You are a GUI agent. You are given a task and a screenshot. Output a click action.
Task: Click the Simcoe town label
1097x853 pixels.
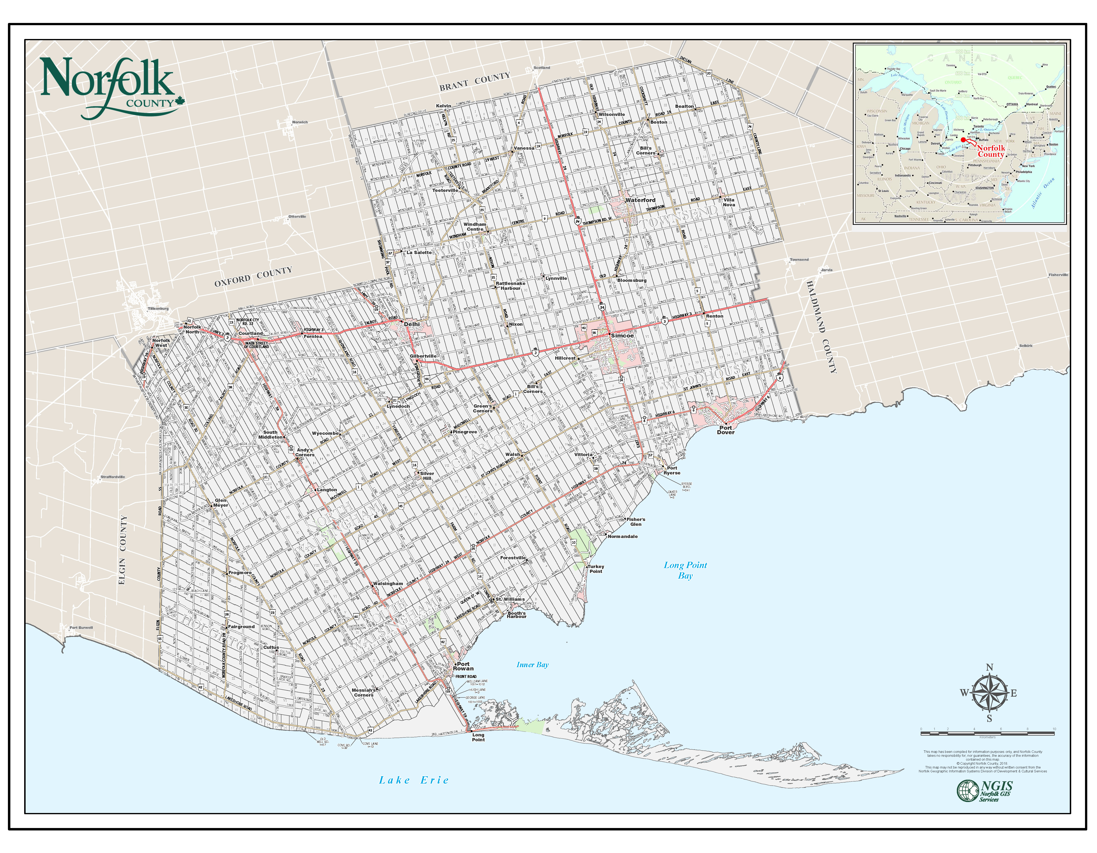click(622, 335)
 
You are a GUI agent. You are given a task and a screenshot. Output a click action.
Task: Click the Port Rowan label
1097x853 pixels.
click(463, 666)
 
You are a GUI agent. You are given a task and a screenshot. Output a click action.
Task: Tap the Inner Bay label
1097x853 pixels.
click(532, 665)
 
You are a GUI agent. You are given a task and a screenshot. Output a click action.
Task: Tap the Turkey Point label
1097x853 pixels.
click(596, 569)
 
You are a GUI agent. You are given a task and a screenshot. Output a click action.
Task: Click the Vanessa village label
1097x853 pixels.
click(524, 148)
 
